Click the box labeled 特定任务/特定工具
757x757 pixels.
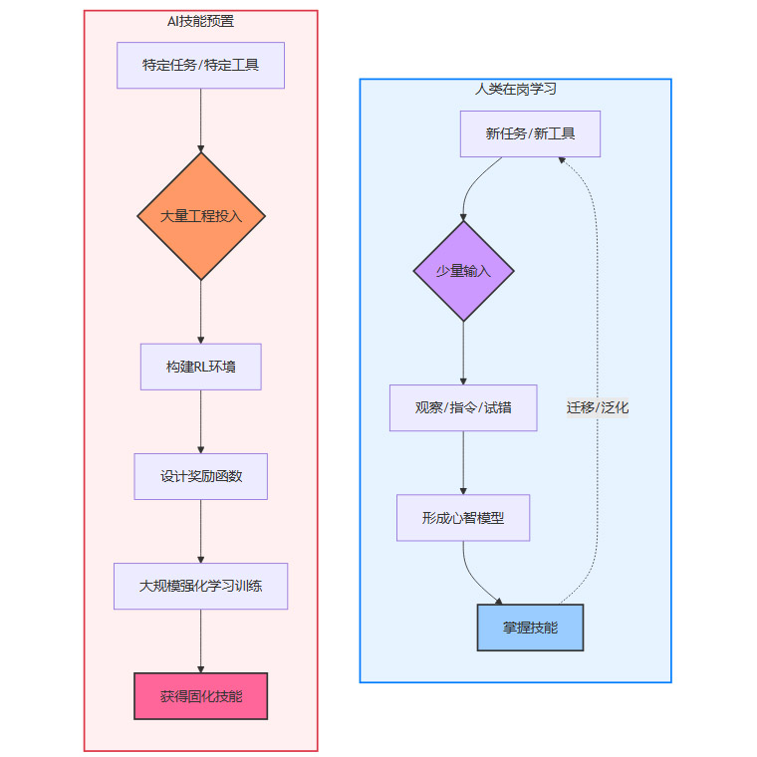[x=200, y=66]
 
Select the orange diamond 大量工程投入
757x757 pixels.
[x=200, y=216]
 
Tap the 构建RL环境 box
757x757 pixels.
[x=200, y=367]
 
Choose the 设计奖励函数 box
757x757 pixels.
[x=200, y=476]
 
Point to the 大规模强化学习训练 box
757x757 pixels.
[x=200, y=586]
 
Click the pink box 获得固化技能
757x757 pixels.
[x=200, y=695]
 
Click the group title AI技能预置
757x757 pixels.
[x=200, y=21]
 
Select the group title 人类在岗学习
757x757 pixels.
[x=515, y=89]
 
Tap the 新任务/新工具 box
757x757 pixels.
[x=530, y=133]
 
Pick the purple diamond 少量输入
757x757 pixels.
[x=463, y=271]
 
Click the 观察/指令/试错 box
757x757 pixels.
[x=463, y=407]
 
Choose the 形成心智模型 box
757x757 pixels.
[x=463, y=518]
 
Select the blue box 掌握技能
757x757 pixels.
[x=530, y=628]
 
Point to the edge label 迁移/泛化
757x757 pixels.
[x=598, y=407]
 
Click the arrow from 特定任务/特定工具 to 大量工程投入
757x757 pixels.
[x=200, y=120]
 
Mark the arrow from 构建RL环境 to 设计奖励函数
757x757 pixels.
[x=200, y=421]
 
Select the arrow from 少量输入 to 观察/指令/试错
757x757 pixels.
[x=463, y=353]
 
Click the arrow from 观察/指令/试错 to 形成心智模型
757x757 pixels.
[x=463, y=462]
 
